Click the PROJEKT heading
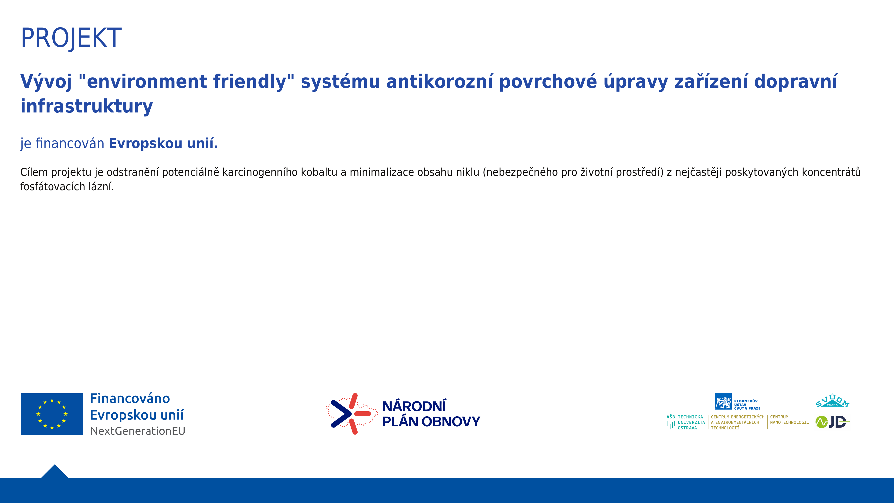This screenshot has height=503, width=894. [x=71, y=38]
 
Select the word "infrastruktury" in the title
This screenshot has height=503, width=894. [x=86, y=106]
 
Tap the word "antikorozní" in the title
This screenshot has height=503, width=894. [x=439, y=81]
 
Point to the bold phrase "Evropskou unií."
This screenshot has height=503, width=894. [x=163, y=143]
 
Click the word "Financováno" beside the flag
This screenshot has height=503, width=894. [x=130, y=398]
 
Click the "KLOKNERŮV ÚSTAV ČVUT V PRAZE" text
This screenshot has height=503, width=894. [x=747, y=405]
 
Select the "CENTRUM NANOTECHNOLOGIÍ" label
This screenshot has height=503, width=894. [x=789, y=420]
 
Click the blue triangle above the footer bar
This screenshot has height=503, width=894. [x=54, y=472]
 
